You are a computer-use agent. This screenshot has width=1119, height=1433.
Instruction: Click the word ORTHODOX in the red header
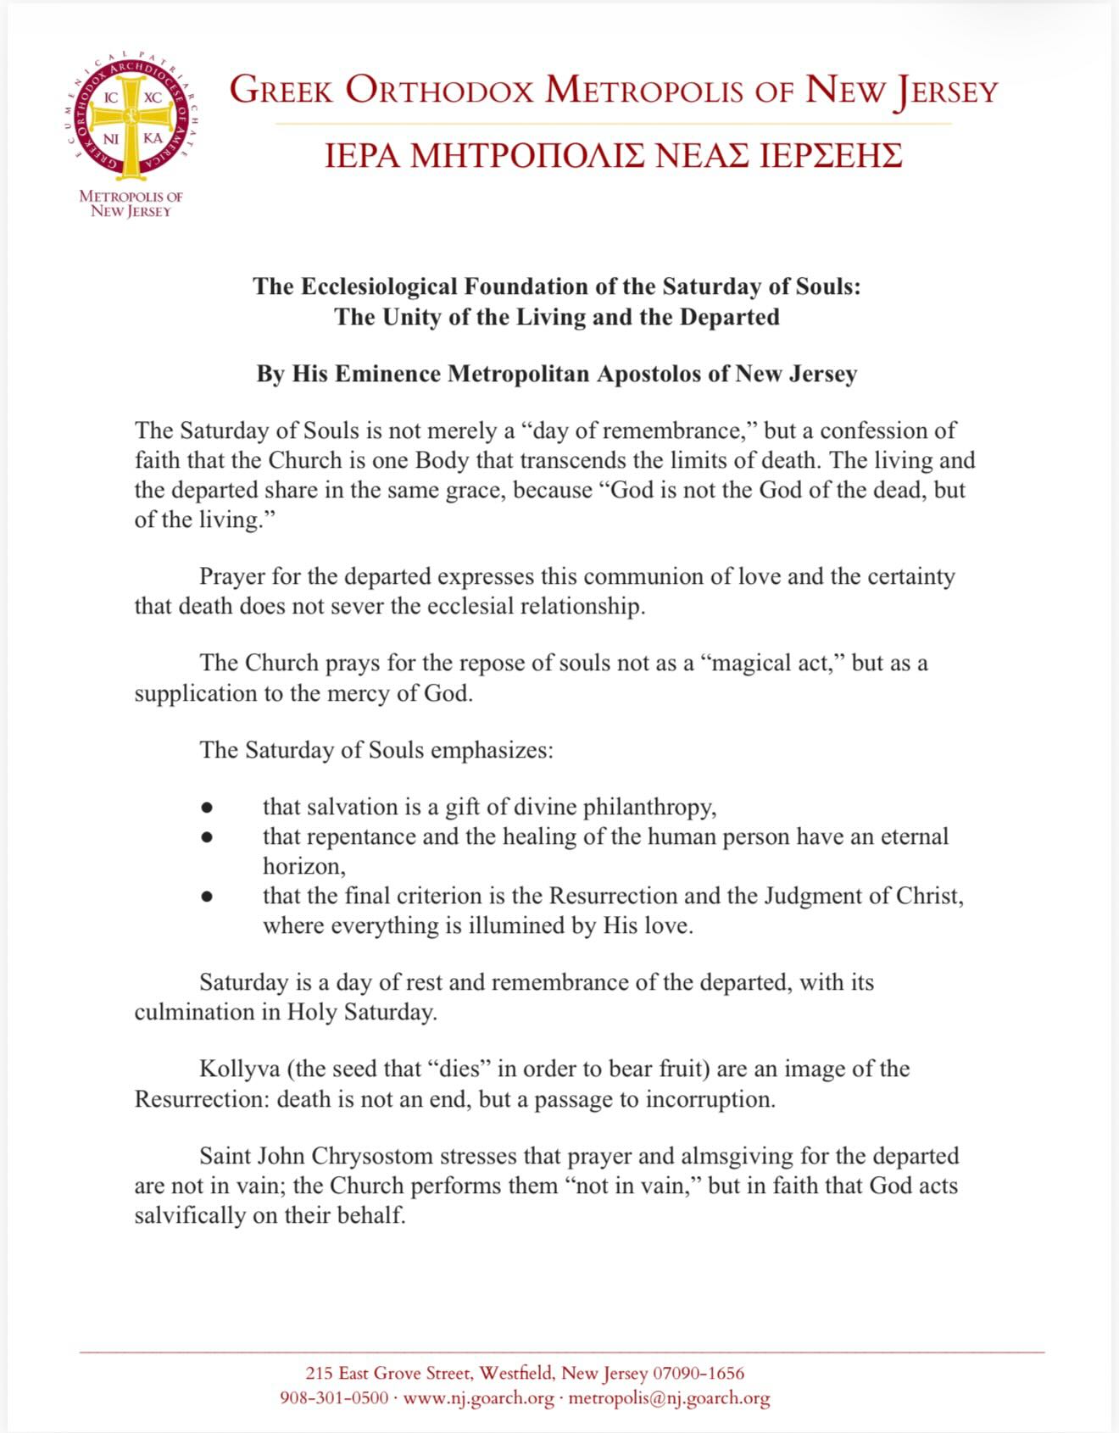pyautogui.click(x=440, y=91)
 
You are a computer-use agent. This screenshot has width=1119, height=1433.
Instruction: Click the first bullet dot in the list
pyautogui.click(x=207, y=808)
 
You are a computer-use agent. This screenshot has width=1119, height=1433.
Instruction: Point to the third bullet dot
pyautogui.click(x=207, y=896)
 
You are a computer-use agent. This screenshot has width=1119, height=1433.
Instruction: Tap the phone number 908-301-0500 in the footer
pyautogui.click(x=334, y=1397)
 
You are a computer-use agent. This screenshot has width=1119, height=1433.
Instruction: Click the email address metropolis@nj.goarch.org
pyautogui.click(x=669, y=1397)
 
